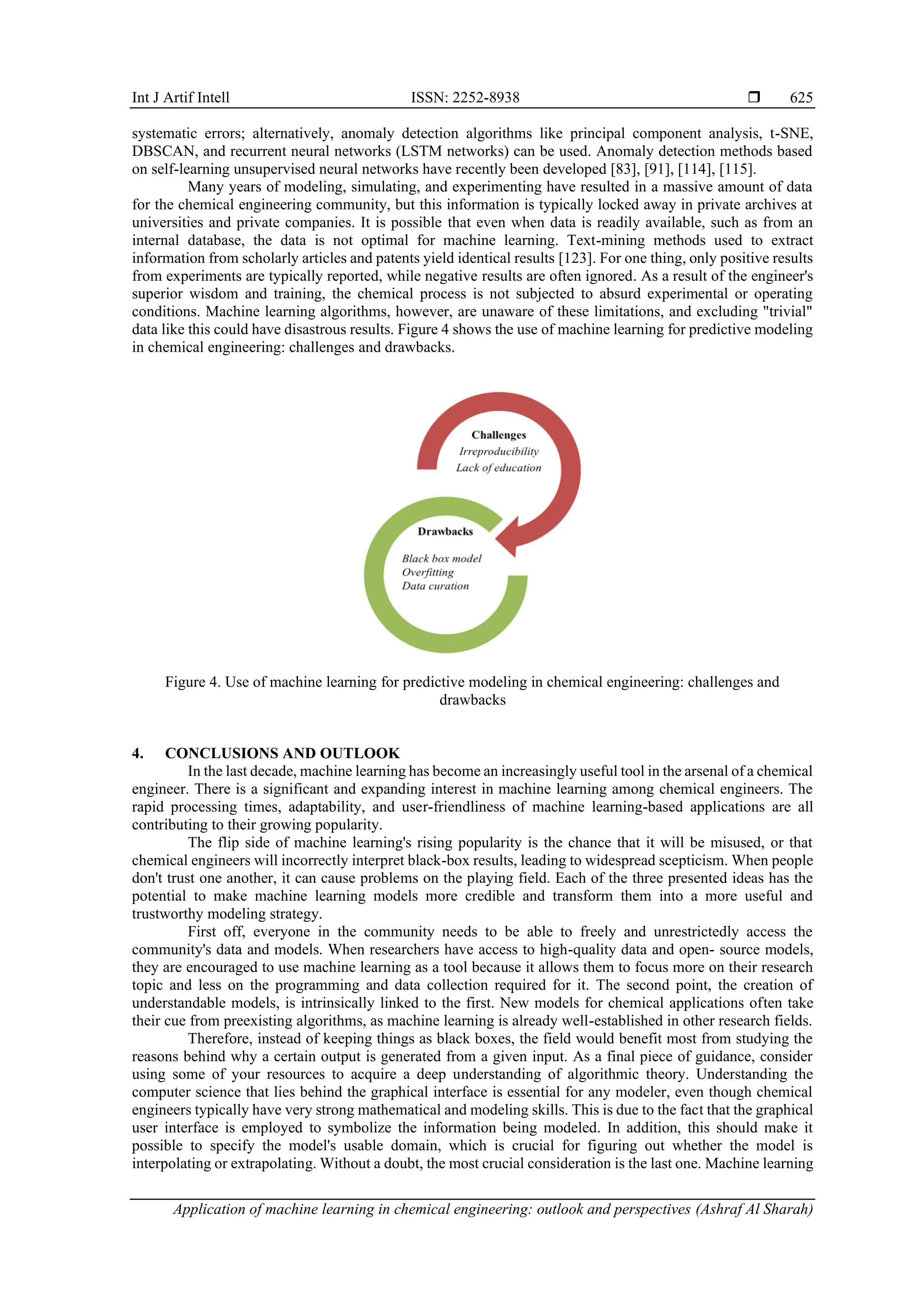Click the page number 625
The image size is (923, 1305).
pos(801,98)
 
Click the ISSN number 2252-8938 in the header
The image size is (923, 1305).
pos(465,98)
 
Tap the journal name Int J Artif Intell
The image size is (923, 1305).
pos(180,98)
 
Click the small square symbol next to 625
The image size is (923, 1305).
pos(754,97)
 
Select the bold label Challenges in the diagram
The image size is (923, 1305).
pos(499,435)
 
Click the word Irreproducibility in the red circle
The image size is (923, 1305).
pos(499,451)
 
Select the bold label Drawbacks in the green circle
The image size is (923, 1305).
pos(445,532)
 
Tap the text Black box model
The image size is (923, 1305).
pos(441,559)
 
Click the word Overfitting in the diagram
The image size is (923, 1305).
pos(428,573)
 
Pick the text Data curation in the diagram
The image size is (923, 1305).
pos(435,586)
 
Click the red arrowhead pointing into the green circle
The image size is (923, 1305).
pos(507,537)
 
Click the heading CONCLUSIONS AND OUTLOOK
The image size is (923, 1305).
pos(282,753)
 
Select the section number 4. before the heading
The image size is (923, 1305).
pos(137,753)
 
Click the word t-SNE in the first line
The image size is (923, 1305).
pos(790,134)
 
